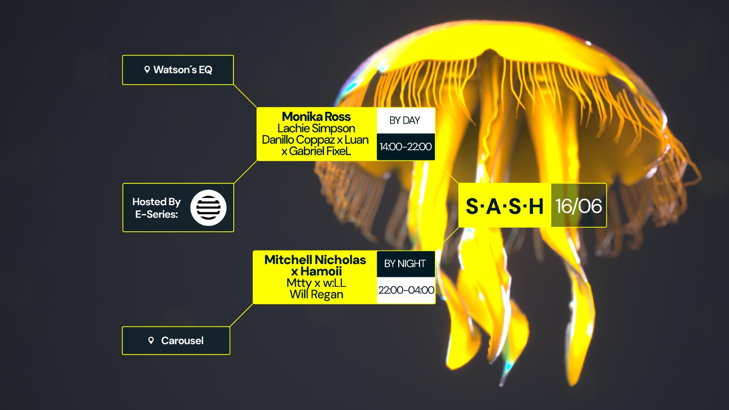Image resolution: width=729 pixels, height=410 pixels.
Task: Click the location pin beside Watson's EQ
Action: coord(147,70)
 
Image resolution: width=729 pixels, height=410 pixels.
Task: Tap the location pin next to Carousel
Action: coord(151,341)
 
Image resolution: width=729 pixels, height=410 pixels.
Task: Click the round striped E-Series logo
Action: coord(208,208)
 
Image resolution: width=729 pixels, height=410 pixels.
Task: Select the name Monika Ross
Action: coord(316,117)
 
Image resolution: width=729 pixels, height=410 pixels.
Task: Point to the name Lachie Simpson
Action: coord(316,128)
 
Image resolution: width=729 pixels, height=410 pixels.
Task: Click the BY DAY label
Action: coord(404,120)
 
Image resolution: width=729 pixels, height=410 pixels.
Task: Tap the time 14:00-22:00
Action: coord(405,147)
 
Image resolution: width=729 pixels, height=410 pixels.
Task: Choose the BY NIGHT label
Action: coord(405,264)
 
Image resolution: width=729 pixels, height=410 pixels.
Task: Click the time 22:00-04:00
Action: coord(406,290)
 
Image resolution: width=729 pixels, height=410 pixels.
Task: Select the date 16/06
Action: coord(578,206)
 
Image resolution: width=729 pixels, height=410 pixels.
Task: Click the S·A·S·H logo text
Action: coord(505,206)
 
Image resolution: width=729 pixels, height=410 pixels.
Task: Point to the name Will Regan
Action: coord(316,294)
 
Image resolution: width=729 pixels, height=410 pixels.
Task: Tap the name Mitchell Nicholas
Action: coord(315,260)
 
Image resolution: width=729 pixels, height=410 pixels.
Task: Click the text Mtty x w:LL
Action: coord(316,283)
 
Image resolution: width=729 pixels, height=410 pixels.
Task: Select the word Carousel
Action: coord(182,341)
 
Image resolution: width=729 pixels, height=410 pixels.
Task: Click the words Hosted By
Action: coord(156,202)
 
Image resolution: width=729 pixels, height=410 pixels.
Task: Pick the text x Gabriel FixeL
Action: coord(316,151)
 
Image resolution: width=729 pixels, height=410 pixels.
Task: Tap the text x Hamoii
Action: coord(316,271)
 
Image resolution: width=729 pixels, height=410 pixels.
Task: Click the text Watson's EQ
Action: coord(183,70)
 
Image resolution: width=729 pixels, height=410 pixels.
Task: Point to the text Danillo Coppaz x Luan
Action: coord(315,140)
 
